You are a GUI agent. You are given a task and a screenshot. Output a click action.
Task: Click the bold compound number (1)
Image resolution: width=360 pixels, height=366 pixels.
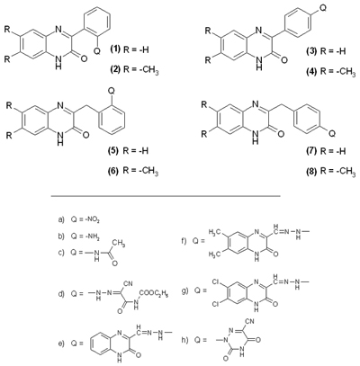coord(115,49)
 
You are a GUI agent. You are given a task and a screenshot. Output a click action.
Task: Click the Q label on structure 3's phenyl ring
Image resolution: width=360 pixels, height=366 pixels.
coord(323,9)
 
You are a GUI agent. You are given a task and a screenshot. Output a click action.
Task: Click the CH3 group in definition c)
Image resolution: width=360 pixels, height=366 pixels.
coord(120,243)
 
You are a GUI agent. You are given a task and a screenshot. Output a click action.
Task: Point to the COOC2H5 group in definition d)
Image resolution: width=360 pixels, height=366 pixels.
coord(153,295)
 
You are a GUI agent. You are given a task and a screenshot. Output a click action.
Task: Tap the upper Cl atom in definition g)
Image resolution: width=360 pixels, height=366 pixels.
coord(216,282)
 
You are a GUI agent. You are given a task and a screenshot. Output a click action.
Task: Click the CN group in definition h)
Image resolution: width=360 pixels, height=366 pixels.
coord(249,322)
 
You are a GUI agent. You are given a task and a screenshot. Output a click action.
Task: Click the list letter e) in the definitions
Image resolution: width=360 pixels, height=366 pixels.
coord(61,344)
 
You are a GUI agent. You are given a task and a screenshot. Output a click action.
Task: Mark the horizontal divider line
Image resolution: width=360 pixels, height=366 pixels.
coord(166,196)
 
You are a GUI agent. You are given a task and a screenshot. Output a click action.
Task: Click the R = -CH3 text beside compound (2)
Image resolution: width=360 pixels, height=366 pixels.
coord(140,71)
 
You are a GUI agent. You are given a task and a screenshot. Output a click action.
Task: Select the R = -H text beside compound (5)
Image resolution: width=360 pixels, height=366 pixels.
coord(136,150)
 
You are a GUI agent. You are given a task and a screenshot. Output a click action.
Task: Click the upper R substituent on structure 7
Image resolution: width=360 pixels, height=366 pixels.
coord(204,105)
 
